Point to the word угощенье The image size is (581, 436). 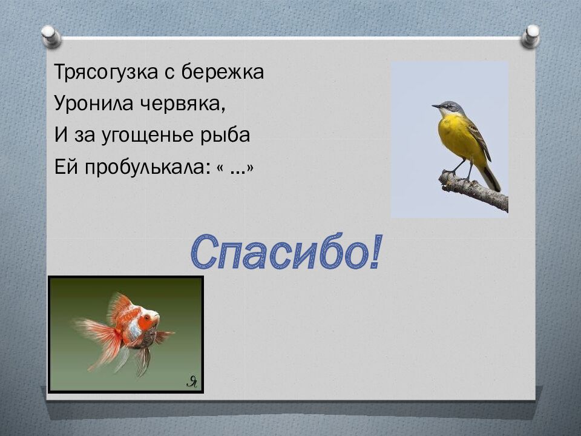pos(150,136)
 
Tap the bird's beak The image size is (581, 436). pos(435,107)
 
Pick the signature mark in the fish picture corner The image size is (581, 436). pos(192,381)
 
